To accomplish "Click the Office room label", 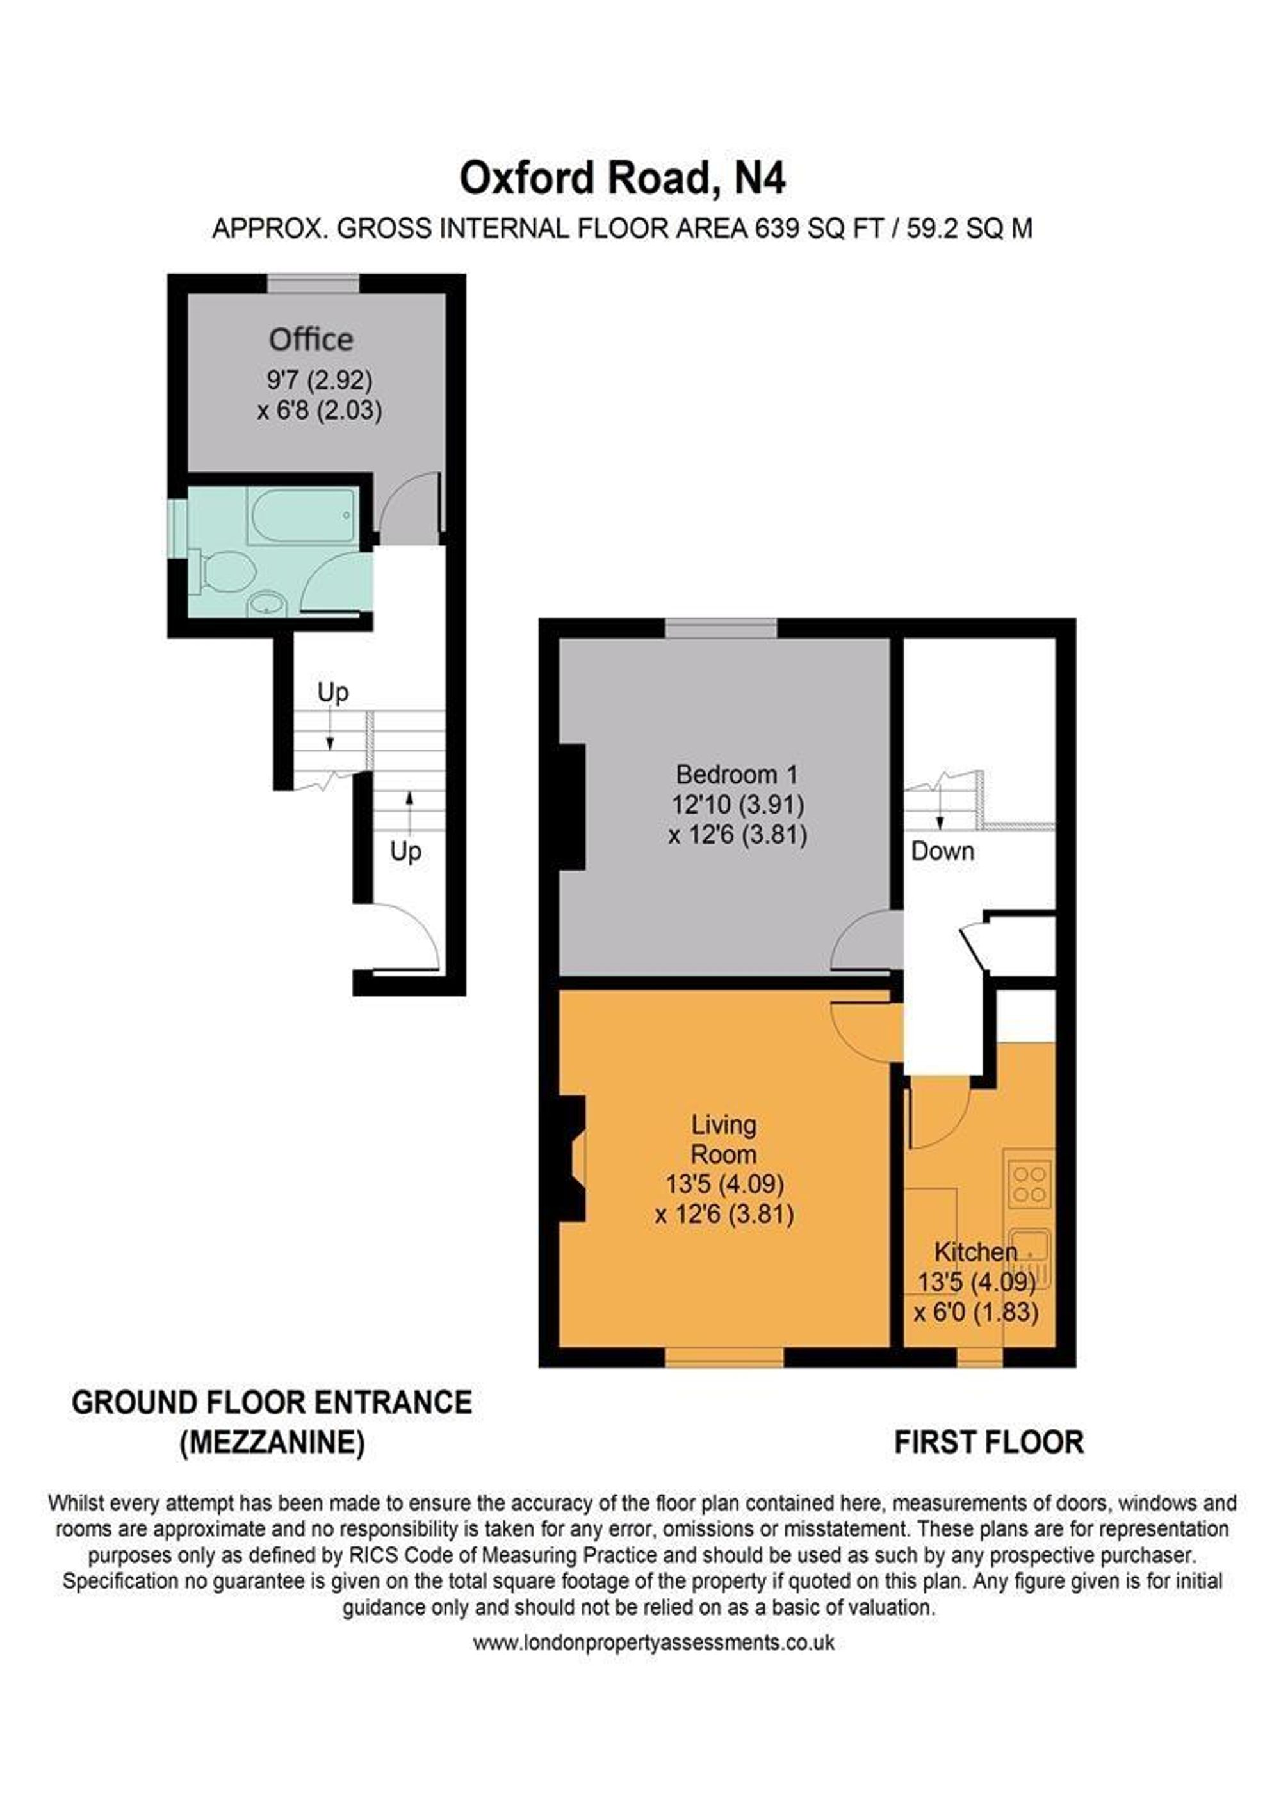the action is [311, 340].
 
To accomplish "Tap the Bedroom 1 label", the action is [737, 774].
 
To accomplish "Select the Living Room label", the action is [723, 1139].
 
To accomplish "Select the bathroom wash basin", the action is [265, 604].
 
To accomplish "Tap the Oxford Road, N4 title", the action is [623, 178].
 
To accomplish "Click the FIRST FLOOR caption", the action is [988, 1443].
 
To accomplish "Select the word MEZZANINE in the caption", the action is [272, 1443].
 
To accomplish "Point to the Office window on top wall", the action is [313, 284].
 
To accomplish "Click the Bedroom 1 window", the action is [721, 628].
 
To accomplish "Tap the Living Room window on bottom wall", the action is [724, 1357].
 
